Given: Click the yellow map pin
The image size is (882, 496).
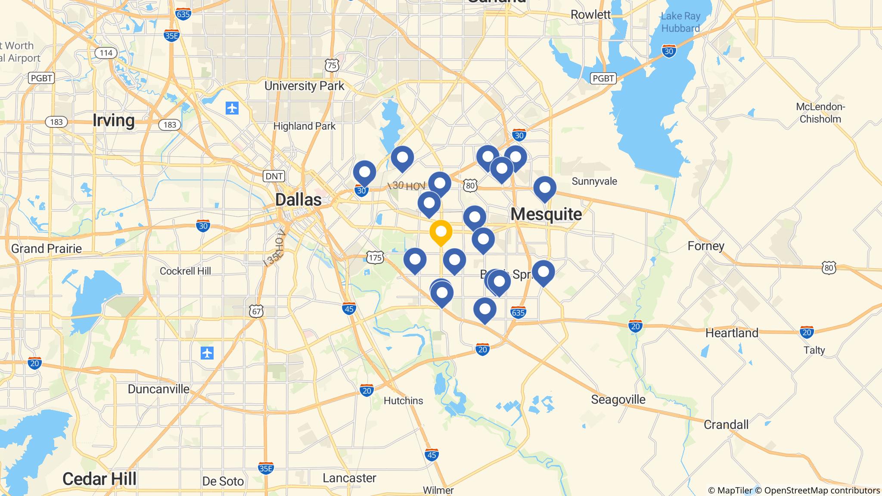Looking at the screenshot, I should (x=441, y=232).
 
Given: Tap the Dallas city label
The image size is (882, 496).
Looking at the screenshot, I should (x=298, y=200).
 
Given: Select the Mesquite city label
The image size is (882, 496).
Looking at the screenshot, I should (x=546, y=214).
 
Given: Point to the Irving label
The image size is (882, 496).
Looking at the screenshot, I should (x=114, y=120).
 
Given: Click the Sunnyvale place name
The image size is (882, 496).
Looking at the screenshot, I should (x=594, y=181).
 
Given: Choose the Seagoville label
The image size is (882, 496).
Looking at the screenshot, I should (x=618, y=400).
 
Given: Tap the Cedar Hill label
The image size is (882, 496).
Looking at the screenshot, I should (x=99, y=479).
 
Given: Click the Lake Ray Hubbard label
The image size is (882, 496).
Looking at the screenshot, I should (x=680, y=22).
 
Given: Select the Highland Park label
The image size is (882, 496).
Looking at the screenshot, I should (x=304, y=126).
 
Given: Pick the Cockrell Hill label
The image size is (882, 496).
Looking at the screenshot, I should (x=185, y=271).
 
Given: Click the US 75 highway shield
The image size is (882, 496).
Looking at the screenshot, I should (x=332, y=65).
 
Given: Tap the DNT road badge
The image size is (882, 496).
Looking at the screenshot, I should (x=274, y=176).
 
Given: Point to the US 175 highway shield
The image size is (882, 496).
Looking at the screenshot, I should (x=375, y=258).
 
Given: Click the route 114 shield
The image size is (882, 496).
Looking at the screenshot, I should (x=106, y=53).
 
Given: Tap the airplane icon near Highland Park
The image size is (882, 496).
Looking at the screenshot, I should (x=232, y=108).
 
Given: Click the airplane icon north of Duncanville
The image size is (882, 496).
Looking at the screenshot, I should (x=207, y=353).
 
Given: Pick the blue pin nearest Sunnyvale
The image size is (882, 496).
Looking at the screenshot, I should (x=545, y=188).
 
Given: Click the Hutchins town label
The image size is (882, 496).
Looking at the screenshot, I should (x=403, y=400).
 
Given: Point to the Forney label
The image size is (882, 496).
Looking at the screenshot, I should (x=706, y=246).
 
